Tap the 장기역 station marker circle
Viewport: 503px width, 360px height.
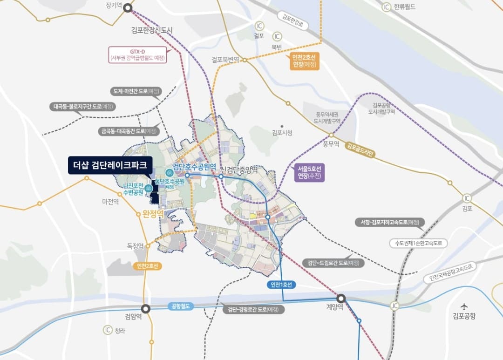coord(128,8)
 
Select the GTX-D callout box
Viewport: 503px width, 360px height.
coord(137,54)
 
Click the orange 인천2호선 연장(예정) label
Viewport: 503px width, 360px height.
coord(304,61)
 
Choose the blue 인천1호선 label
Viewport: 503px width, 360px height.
coord(280,285)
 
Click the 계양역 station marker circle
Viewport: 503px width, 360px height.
coord(341,298)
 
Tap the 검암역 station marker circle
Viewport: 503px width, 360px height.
coord(146,308)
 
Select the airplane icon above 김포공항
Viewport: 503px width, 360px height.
coord(464,306)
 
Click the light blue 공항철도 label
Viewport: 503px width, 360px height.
coord(179,306)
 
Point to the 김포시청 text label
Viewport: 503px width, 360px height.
coord(282,133)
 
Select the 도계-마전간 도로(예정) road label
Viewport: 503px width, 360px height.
coord(136,91)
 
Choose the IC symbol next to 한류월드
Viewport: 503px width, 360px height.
coord(386,7)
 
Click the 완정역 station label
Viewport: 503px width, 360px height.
coord(154,214)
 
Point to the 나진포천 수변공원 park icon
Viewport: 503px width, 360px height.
coord(148,188)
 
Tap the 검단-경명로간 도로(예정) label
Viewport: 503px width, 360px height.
coord(253,309)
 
